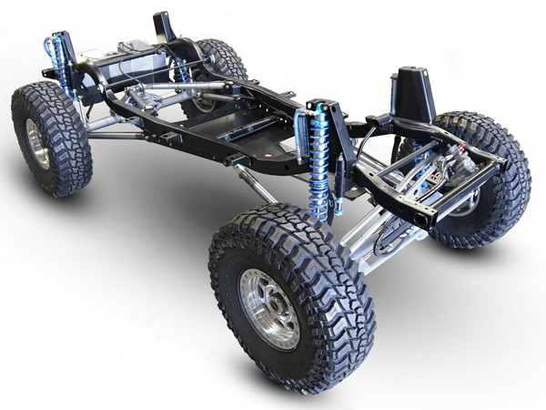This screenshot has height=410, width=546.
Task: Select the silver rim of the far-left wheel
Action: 37,143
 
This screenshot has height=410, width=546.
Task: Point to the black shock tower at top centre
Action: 165,27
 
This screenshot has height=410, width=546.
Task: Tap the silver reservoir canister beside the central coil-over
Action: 301,137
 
